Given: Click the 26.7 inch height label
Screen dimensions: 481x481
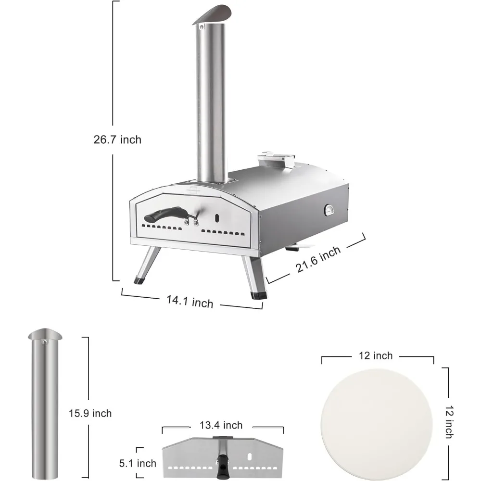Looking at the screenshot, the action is pyautogui.click(x=117, y=139).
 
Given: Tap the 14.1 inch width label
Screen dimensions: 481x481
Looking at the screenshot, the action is pyautogui.click(x=190, y=301).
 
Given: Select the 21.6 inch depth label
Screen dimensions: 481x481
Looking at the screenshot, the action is pyautogui.click(x=318, y=259).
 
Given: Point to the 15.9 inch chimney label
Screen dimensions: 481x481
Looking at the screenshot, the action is pyautogui.click(x=90, y=413).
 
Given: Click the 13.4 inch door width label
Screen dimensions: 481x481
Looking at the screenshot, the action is pyautogui.click(x=221, y=425).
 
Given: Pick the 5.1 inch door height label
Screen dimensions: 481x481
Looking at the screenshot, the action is pyautogui.click(x=138, y=463).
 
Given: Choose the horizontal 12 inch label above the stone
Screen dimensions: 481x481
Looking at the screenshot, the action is pyautogui.click(x=376, y=355).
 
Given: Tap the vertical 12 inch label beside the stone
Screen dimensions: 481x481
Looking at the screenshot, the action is pyautogui.click(x=449, y=422).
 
